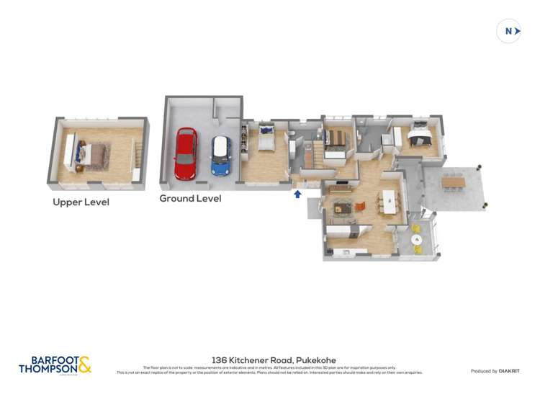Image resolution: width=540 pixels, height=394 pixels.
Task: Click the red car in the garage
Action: pyautogui.click(x=186, y=153)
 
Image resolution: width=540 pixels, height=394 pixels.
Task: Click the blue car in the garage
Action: pyautogui.click(x=220, y=156)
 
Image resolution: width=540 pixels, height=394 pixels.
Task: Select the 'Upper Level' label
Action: pyautogui.click(x=81, y=202)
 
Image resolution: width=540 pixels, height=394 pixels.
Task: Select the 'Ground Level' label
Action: pyautogui.click(x=190, y=198)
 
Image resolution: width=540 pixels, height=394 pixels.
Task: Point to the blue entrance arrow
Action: pyautogui.click(x=297, y=193)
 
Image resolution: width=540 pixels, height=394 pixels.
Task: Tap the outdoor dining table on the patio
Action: pyautogui.click(x=454, y=182)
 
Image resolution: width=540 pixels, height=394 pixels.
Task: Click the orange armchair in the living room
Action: pyautogui.click(x=361, y=206)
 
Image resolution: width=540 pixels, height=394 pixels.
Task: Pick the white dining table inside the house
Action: pyautogui.click(x=390, y=202)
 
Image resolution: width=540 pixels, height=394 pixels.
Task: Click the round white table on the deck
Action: pyautogui.click(x=415, y=239)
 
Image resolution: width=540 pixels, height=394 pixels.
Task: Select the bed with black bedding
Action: pyautogui.click(x=418, y=135)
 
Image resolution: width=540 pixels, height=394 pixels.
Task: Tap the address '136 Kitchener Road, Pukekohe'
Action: pyautogui.click(x=274, y=360)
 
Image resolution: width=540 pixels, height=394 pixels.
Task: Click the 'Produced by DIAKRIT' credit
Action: pyautogui.click(x=494, y=371)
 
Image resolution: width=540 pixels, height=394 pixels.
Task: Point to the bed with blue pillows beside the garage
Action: pyautogui.click(x=266, y=138)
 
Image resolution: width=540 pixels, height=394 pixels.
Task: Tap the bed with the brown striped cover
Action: pyautogui.click(x=336, y=139)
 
